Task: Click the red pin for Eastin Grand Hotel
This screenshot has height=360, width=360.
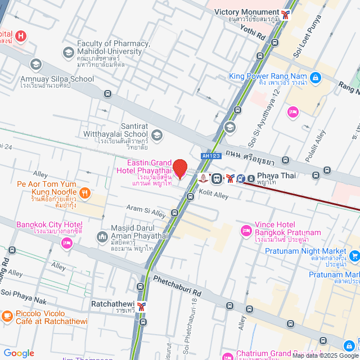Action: tap(179, 169)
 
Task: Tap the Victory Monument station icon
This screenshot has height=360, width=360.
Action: tap(287, 13)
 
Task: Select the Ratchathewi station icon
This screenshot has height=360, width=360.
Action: tap(143, 307)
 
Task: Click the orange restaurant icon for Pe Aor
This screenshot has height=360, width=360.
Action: tap(85, 194)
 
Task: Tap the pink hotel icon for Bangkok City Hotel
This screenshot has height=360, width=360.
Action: tap(67, 243)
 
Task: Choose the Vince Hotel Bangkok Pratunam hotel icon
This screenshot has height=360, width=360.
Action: tap(246, 230)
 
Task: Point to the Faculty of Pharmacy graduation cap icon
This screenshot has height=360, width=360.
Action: tap(69, 52)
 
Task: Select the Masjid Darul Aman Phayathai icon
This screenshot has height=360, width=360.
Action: tap(102, 237)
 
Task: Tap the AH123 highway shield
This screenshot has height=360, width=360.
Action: tap(208, 156)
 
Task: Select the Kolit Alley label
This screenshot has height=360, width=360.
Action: tap(213, 195)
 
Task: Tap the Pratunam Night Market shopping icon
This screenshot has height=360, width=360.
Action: tap(354, 256)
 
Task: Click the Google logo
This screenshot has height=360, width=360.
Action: tap(19, 353)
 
